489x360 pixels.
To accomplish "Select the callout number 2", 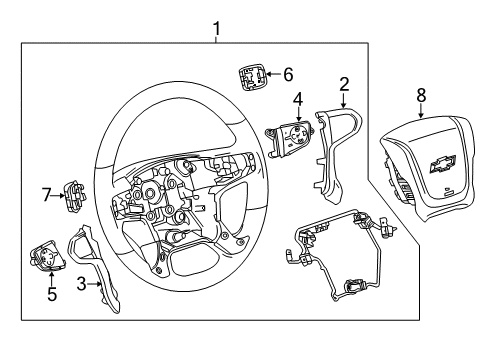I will pyautogui.click(x=343, y=85).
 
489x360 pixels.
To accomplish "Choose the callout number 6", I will pyautogui.click(x=288, y=73).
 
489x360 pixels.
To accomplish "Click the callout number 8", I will pyautogui.click(x=421, y=96).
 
